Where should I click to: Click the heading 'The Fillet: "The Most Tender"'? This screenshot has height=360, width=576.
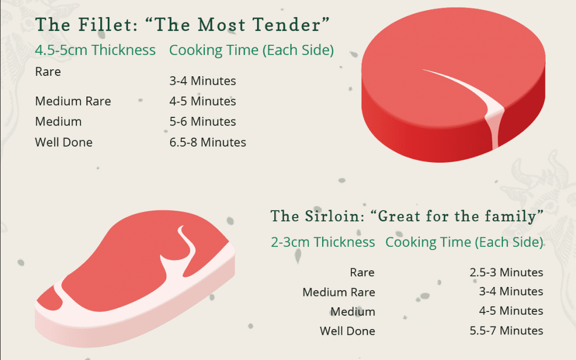tap(182, 25)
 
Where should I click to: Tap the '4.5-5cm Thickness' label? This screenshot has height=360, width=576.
tap(95, 50)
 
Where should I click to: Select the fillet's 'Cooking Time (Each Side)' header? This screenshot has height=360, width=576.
tap(251, 50)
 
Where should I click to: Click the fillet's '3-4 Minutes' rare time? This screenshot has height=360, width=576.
tap(203, 81)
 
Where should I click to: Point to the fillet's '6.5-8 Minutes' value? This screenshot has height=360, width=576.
tap(207, 142)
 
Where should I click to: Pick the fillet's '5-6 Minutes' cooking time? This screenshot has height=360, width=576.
tap(203, 122)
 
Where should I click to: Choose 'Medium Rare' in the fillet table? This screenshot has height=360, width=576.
tap(73, 101)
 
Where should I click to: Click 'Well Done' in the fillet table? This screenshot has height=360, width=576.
tap(63, 142)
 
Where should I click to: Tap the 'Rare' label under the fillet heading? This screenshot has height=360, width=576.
tap(48, 71)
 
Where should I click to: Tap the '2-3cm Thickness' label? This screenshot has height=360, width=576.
tap(323, 242)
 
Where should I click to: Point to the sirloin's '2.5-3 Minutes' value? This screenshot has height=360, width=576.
tap(506, 273)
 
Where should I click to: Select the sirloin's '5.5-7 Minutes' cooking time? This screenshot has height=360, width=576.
tap(506, 331)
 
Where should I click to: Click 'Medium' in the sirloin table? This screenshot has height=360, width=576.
tap(353, 311)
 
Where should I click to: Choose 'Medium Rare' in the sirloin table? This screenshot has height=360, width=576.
tap(339, 292)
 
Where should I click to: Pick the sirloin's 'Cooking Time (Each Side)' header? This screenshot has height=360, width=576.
tap(464, 242)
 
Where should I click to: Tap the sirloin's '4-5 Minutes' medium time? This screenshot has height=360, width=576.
tap(511, 311)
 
